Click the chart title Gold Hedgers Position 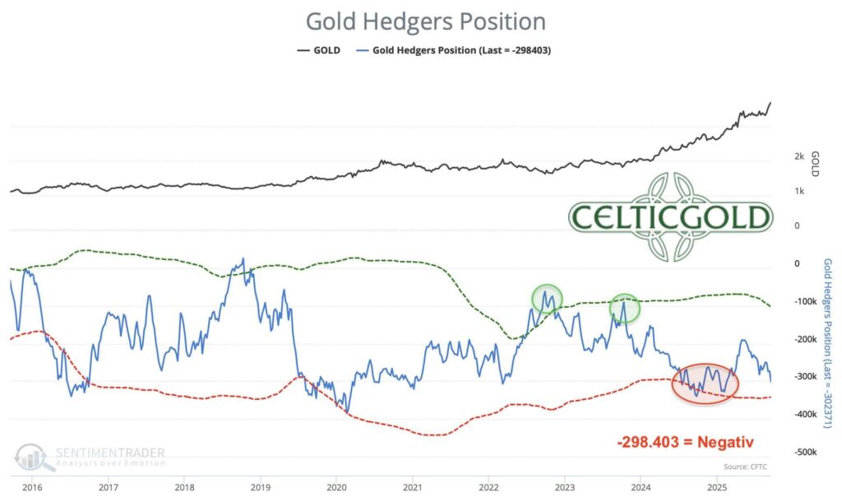tap(425, 21)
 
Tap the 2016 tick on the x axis tap(32, 487)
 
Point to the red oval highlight tap(706, 383)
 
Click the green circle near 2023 tap(547, 298)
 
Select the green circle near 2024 tap(625, 307)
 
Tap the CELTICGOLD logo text tap(670, 216)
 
